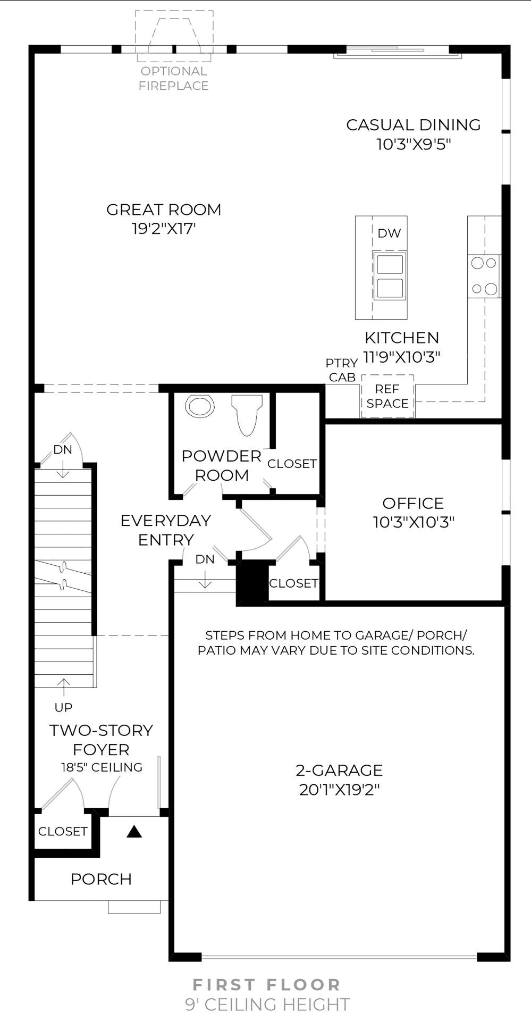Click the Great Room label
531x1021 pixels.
tap(164, 210)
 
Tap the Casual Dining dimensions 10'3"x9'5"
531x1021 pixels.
tap(414, 144)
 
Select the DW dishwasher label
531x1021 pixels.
tap(389, 233)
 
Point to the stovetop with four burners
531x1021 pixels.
tap(484, 276)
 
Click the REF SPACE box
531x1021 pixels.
tap(387, 396)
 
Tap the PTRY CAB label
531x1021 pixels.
tap(342, 370)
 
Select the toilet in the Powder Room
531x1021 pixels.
tap(247, 415)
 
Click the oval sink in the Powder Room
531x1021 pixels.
tap(200, 406)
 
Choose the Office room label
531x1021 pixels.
tap(413, 503)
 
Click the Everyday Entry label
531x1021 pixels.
tap(166, 530)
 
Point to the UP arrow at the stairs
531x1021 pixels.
tap(63, 687)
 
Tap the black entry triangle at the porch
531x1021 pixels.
tap(134, 831)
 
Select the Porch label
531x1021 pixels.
tap(101, 879)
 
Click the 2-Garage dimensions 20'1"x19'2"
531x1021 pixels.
tap(339, 790)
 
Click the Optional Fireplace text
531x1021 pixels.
tap(174, 78)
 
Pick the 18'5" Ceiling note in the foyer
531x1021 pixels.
tap(102, 767)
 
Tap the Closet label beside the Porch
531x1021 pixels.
tap(63, 831)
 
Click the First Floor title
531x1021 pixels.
tap(266, 985)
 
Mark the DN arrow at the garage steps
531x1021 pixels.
tap(205, 579)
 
